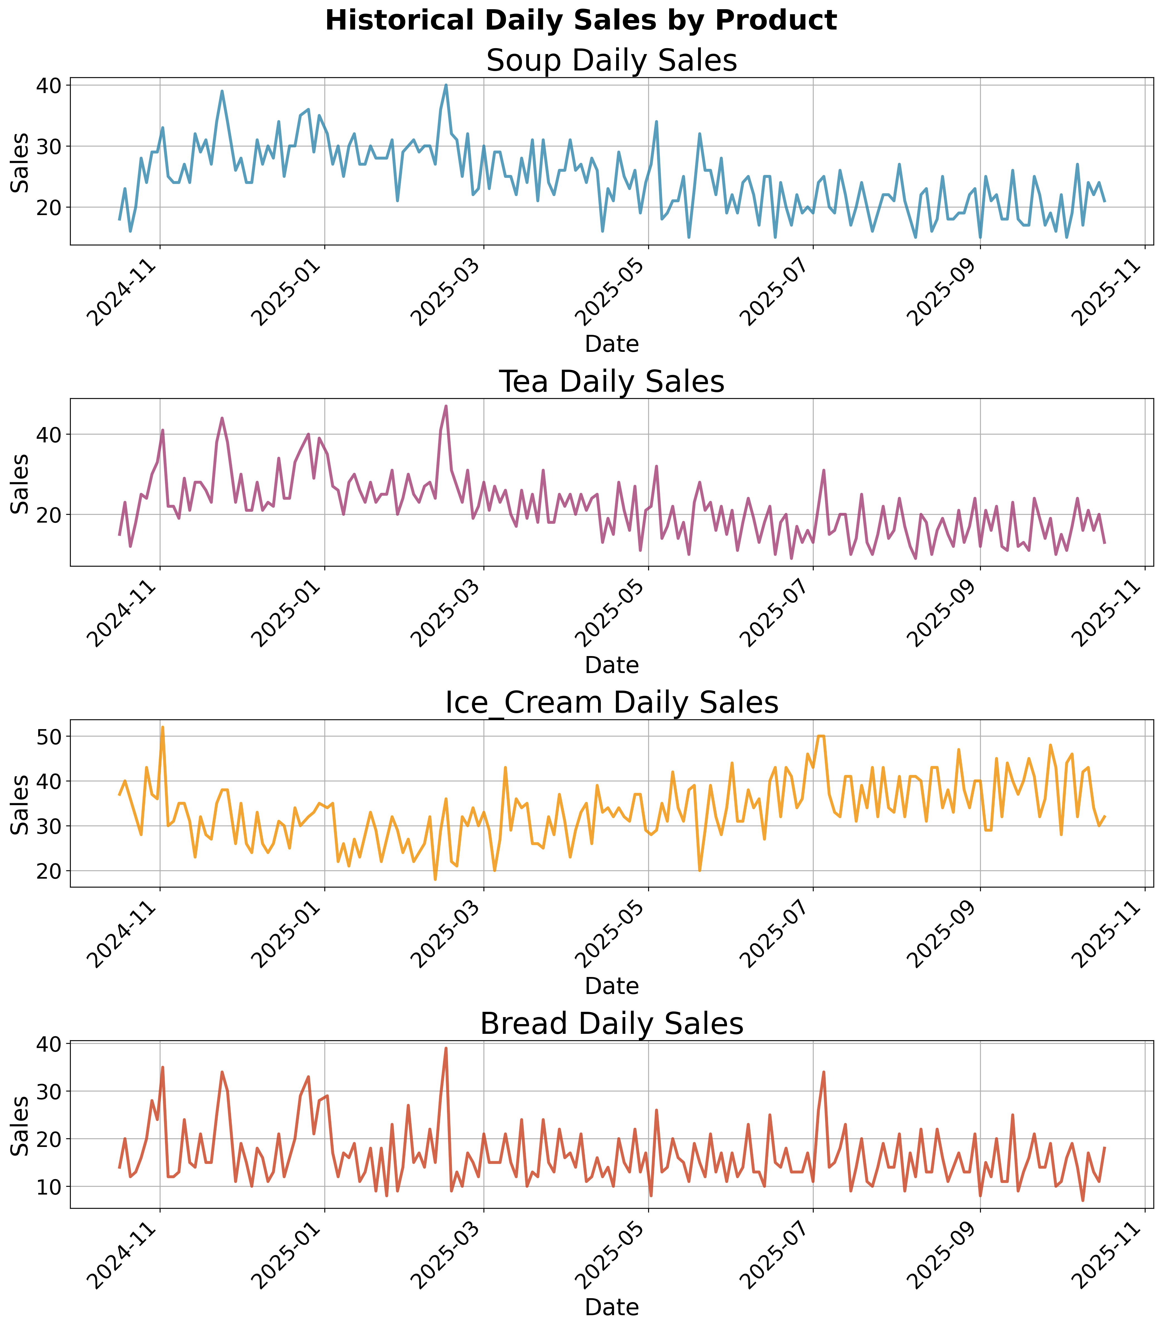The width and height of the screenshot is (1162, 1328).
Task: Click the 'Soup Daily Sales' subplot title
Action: pos(611,62)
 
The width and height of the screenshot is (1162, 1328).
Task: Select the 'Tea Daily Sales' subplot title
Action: pos(611,382)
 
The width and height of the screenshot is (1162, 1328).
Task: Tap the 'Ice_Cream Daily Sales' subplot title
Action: pos(611,703)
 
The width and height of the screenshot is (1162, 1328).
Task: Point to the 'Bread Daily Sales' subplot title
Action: pos(611,1024)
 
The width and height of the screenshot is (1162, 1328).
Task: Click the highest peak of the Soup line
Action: pos(446,85)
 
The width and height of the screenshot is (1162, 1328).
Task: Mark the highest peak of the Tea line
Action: pos(446,406)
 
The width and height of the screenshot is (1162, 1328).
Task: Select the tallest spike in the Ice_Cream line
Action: pos(163,727)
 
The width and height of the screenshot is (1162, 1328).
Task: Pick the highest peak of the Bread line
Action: pos(446,1048)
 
